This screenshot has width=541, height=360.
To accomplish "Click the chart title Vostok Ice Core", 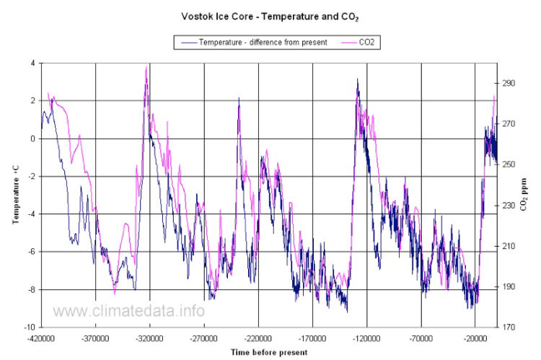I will point(270,14).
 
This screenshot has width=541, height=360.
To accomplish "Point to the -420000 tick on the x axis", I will point(41,338).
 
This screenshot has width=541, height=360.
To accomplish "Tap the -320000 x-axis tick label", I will point(150,338).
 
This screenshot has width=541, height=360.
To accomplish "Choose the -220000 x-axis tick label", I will point(258,338).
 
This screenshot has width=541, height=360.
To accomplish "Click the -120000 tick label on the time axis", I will point(366,338).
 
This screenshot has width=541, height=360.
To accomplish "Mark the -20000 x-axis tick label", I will point(475,338).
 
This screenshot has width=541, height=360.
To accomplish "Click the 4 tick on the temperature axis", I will point(32,63).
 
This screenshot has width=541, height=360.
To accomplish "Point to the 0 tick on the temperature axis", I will point(32,139).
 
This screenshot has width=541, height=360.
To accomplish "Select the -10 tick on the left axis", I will point(29,328).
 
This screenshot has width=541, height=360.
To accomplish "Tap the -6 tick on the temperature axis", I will point(30,252).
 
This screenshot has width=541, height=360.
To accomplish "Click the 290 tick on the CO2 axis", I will point(510,84).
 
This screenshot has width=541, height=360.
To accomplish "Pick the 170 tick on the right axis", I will point(510,328).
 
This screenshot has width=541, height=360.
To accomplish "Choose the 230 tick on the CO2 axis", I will point(510,206).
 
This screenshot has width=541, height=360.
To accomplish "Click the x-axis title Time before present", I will point(268,352).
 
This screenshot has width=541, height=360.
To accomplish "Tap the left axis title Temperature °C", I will point(15,195).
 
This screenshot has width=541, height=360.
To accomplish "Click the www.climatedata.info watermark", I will point(129,311).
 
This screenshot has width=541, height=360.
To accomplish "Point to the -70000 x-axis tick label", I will point(421,338).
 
